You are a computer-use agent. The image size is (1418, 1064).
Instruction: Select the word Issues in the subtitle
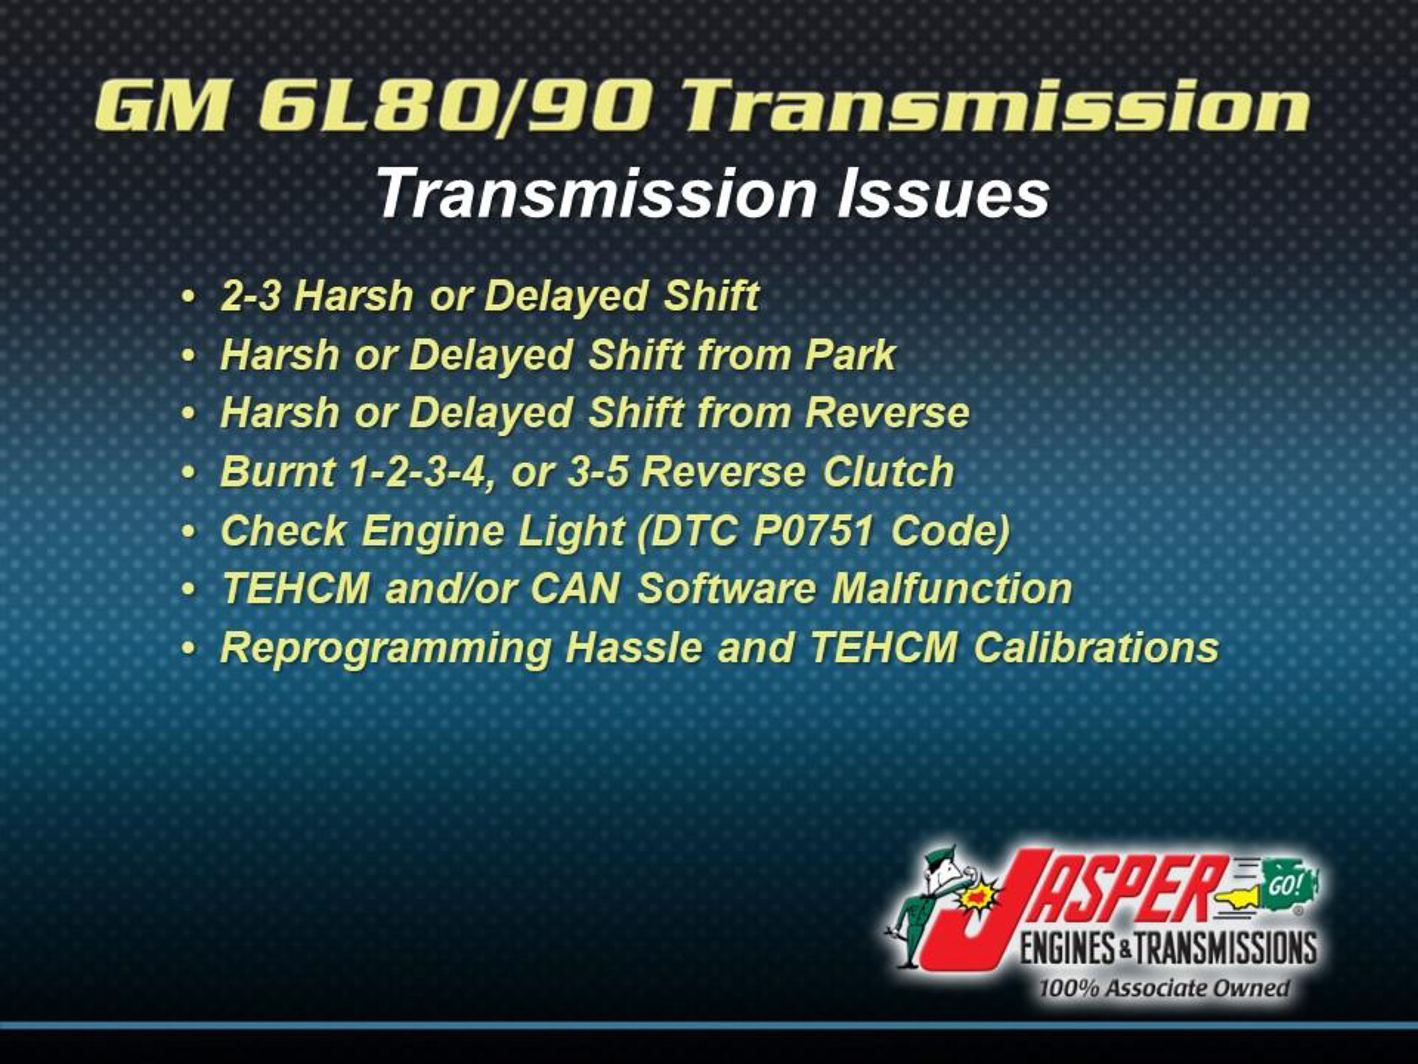tap(942, 194)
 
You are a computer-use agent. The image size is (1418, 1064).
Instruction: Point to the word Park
tap(850, 355)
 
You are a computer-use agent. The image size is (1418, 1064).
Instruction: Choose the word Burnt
tap(277, 472)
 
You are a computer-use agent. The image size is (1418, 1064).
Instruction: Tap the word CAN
tap(574, 589)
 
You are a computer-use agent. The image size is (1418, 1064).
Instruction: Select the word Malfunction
tap(951, 589)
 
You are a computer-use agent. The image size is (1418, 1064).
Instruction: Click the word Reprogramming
tap(386, 648)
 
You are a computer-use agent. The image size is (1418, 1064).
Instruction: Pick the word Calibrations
tap(1096, 648)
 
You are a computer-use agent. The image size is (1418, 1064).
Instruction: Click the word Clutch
tap(888, 472)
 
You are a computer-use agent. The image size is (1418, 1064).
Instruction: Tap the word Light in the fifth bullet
tap(571, 531)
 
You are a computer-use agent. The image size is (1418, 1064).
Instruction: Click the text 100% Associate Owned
tap(1163, 988)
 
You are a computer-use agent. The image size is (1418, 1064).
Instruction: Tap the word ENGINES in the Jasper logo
tap(1068, 948)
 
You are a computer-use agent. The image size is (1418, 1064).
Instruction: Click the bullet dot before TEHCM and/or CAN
tap(188, 589)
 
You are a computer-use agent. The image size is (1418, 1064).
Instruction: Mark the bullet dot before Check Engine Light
tap(188, 531)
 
